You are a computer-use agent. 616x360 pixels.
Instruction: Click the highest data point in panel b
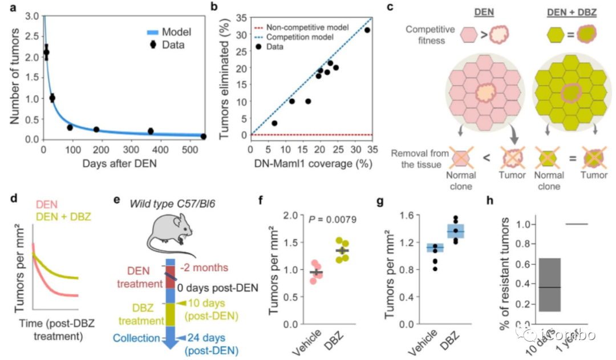pos(367,30)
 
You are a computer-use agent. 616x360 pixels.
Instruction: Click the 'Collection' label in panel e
pos(136,338)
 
